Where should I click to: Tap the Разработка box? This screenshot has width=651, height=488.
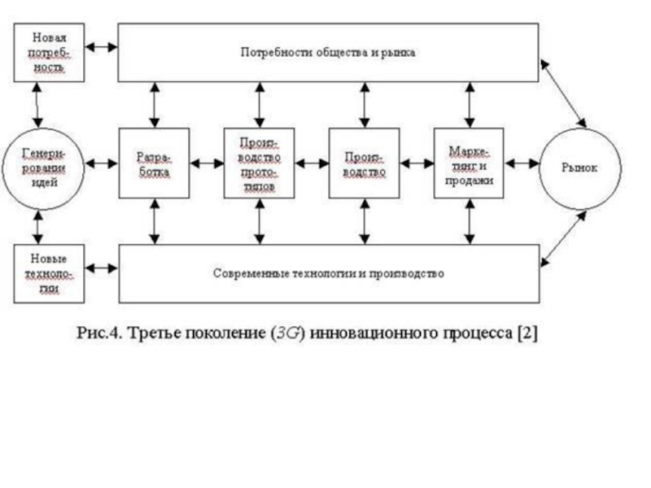[153, 163]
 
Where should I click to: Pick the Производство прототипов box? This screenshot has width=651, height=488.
[259, 163]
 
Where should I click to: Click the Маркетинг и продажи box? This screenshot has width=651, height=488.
[470, 163]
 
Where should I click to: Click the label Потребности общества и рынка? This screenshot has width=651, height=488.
[328, 52]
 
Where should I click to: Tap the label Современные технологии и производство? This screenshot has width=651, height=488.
[328, 273]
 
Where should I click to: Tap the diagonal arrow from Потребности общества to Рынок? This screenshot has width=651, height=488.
[562, 93]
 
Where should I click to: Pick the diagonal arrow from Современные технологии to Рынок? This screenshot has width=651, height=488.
[562, 236]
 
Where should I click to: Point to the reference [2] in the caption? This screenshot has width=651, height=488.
[526, 334]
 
